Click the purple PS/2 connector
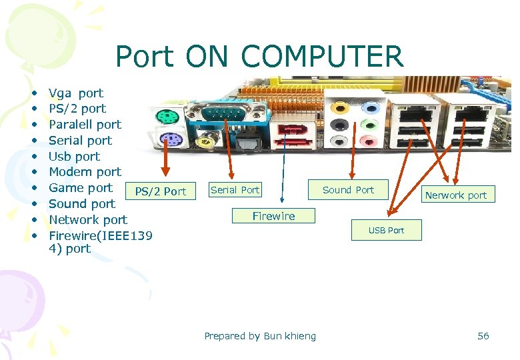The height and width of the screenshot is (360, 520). [171, 141]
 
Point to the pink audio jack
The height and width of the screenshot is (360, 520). [369, 140]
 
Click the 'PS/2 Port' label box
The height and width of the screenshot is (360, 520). [160, 191]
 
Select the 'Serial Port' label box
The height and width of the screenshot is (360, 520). [234, 190]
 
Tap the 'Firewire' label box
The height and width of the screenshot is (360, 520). [273, 216]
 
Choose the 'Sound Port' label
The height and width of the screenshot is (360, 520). [348, 190]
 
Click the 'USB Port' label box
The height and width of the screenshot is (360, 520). [386, 231]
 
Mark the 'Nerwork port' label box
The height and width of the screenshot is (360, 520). [456, 195]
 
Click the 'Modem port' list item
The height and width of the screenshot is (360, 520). [85, 172]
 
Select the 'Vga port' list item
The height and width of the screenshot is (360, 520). [76, 93]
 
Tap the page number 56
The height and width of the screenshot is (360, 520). [483, 336]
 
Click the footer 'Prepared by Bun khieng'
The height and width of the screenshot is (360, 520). [260, 336]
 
